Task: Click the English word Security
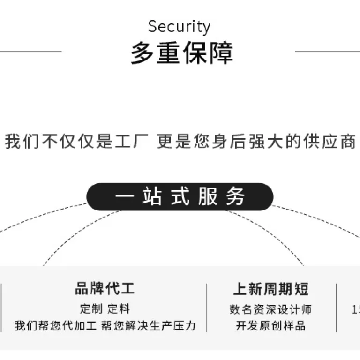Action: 179,27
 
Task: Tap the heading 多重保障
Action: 182,53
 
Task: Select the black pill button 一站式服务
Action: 180,197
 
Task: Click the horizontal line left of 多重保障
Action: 31,52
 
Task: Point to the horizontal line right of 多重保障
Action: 327,52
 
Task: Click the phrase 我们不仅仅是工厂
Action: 76,141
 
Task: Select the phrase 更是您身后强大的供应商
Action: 256,141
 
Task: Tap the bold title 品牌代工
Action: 105,288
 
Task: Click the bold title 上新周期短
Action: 271,289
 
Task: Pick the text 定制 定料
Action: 105,308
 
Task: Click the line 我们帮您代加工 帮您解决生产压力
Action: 105,326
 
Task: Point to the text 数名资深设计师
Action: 270,309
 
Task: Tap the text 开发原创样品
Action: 270,326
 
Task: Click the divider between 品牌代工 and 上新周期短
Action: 207,308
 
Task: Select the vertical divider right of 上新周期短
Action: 337,308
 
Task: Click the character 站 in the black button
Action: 152,196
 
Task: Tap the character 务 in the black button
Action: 235,196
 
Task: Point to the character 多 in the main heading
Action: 142,53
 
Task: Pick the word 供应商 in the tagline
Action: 330,141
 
